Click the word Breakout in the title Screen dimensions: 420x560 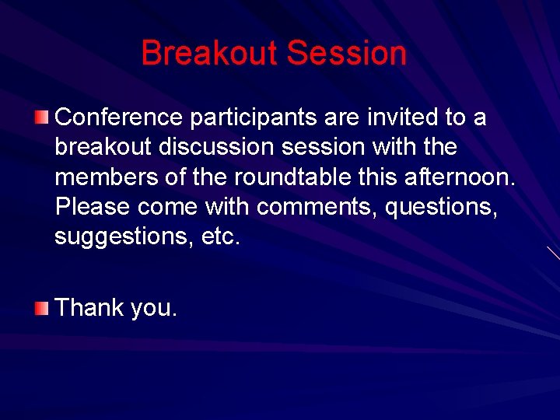pos(209,54)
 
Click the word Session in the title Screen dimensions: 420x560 pos(346,54)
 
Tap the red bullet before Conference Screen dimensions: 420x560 pos(41,118)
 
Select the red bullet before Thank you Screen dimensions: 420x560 pos(41,309)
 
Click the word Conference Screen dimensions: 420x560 pos(119,117)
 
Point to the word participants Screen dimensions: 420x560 pos(252,117)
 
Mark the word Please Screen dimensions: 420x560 pos(93,207)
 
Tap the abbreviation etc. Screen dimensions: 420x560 pos(221,237)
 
